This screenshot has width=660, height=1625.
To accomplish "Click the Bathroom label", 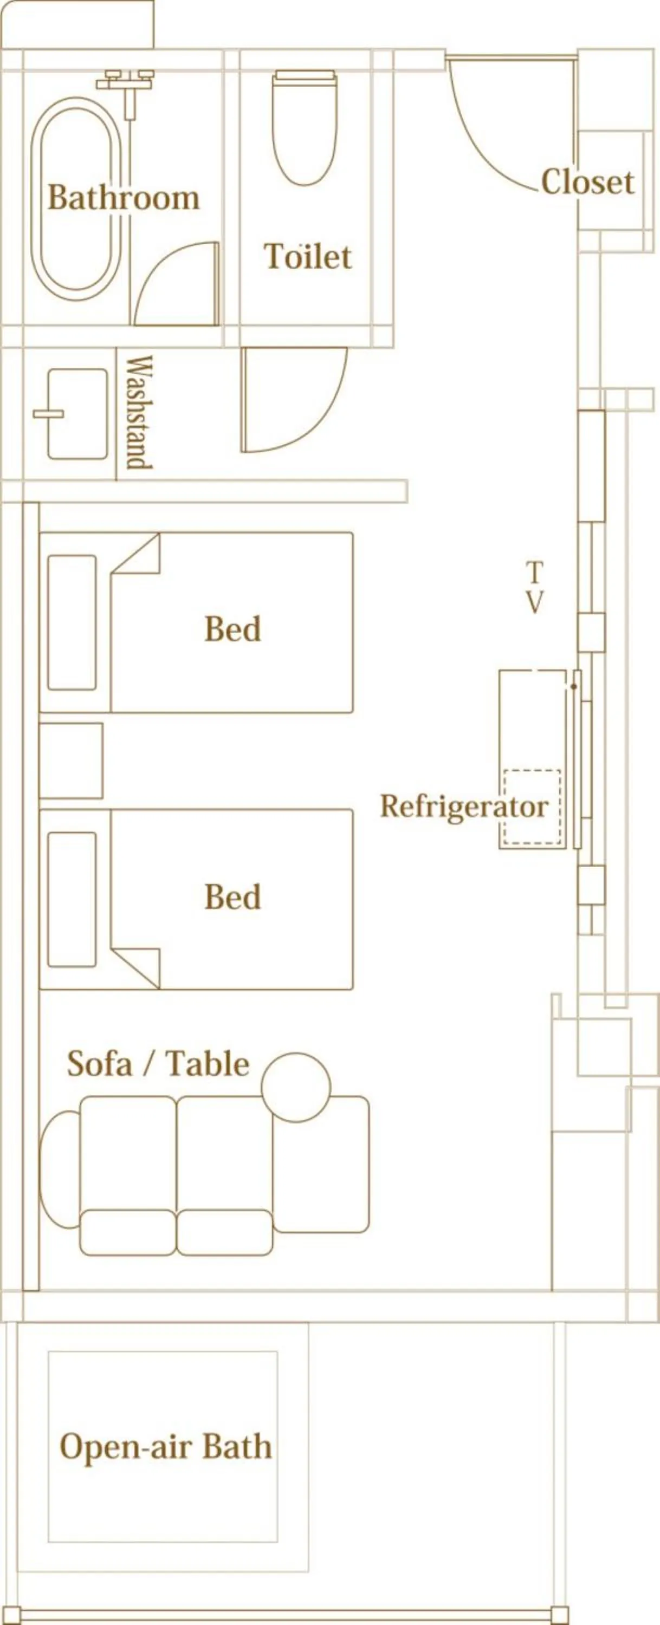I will (x=124, y=198).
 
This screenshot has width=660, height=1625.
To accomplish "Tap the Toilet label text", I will (x=307, y=257).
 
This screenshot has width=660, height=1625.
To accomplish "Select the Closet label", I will (x=587, y=183).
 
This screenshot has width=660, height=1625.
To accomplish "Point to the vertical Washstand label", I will (x=139, y=413).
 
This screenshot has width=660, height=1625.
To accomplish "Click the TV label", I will (x=534, y=587).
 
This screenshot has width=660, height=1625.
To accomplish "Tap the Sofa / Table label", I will (x=158, y=1064).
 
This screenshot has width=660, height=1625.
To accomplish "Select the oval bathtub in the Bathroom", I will (x=77, y=198).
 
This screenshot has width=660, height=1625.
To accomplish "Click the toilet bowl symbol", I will (x=305, y=129).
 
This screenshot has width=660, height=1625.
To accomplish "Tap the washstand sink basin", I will (x=77, y=414).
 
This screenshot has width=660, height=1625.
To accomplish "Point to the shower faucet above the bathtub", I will (x=126, y=85).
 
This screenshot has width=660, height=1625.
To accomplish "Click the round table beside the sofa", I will (x=296, y=1087).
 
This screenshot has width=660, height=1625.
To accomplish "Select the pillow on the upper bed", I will (x=72, y=622).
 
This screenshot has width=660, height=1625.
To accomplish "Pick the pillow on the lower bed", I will (x=72, y=900).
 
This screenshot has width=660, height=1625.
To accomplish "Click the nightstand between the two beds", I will (x=70, y=760).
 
